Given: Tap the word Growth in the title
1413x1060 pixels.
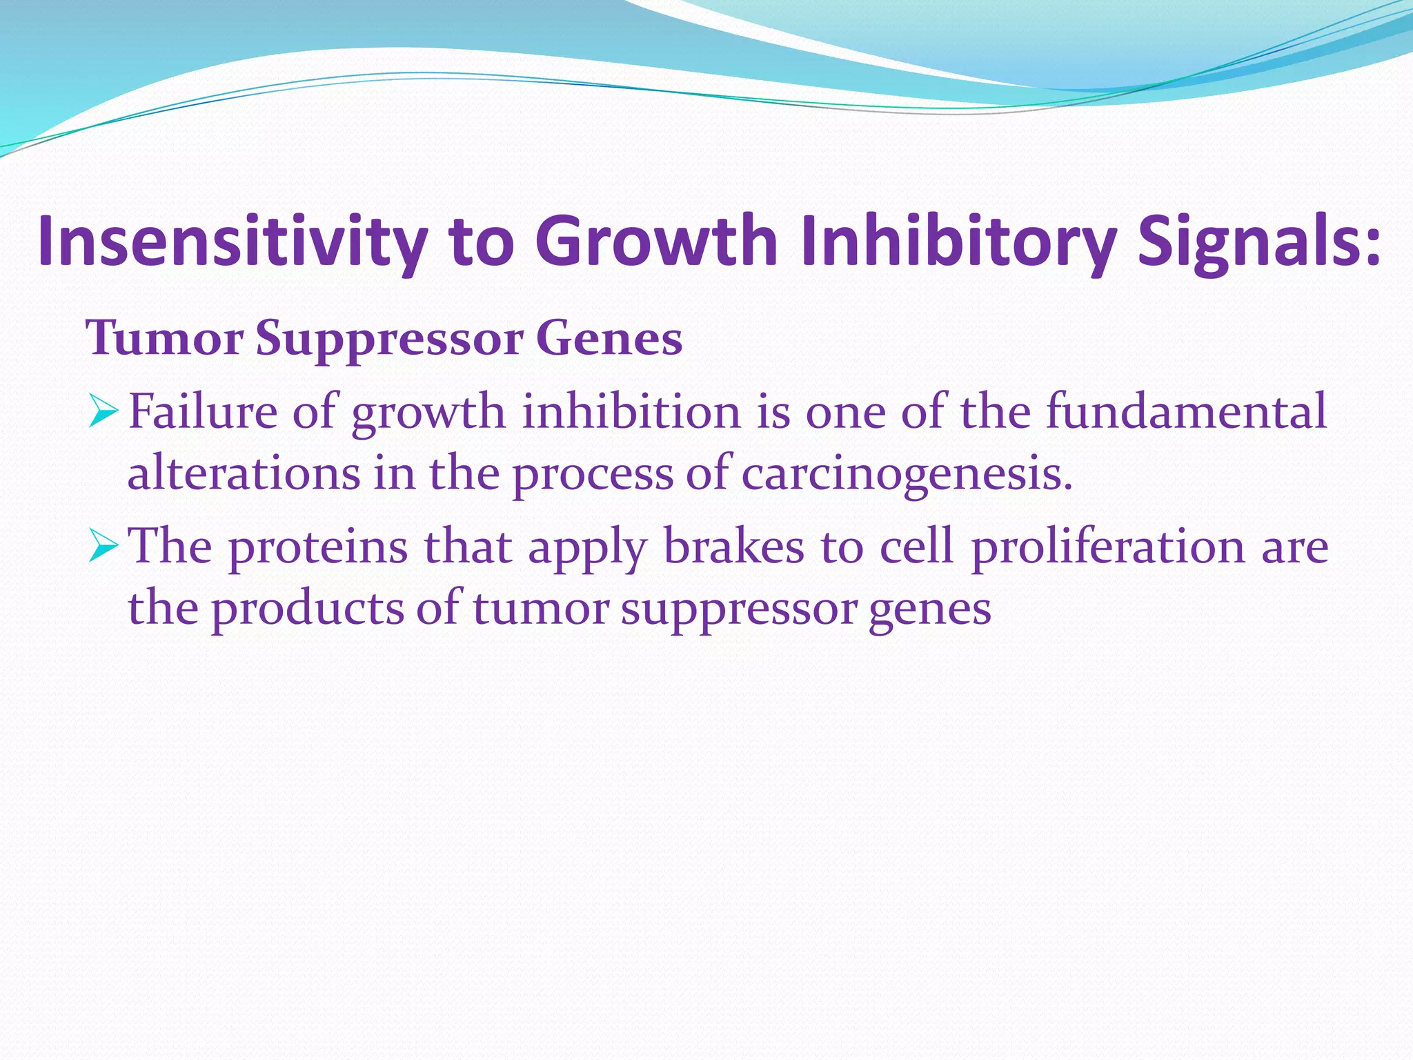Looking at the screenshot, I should tap(655, 242).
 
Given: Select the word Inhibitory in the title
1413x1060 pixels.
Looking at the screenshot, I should tap(959, 242).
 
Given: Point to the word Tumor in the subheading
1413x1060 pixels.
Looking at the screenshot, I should tap(164, 339).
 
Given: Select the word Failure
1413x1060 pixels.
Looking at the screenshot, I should tap(204, 412).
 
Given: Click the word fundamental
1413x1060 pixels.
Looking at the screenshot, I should tap(1186, 412).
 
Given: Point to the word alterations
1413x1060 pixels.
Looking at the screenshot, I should tap(244, 474).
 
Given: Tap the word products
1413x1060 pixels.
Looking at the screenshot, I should tap(307, 609).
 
